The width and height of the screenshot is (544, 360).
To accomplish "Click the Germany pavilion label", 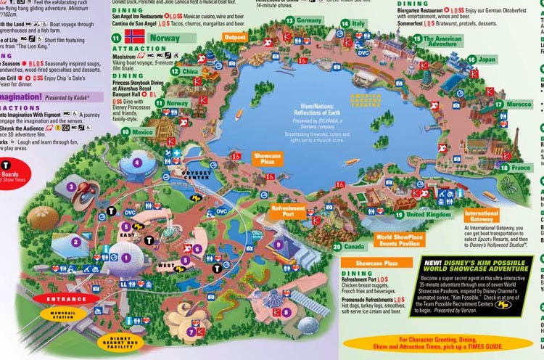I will (309, 20).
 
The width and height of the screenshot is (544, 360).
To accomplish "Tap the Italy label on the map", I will (358, 23).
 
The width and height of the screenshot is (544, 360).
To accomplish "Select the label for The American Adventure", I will (442, 41).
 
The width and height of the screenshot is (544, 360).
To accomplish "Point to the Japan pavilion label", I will (487, 60).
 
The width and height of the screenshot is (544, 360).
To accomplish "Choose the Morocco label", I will (518, 105).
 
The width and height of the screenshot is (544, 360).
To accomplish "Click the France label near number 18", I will (521, 168).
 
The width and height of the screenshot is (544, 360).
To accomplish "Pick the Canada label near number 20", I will (354, 247).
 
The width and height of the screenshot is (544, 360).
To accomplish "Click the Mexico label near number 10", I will (143, 132).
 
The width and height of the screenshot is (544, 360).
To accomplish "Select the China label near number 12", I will (190, 72).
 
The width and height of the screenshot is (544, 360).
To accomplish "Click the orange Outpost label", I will (235, 37).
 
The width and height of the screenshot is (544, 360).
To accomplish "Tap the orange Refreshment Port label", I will (288, 211).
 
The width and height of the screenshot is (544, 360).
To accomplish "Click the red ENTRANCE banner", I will (67, 298).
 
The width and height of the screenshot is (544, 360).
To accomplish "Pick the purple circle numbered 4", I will (137, 163).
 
